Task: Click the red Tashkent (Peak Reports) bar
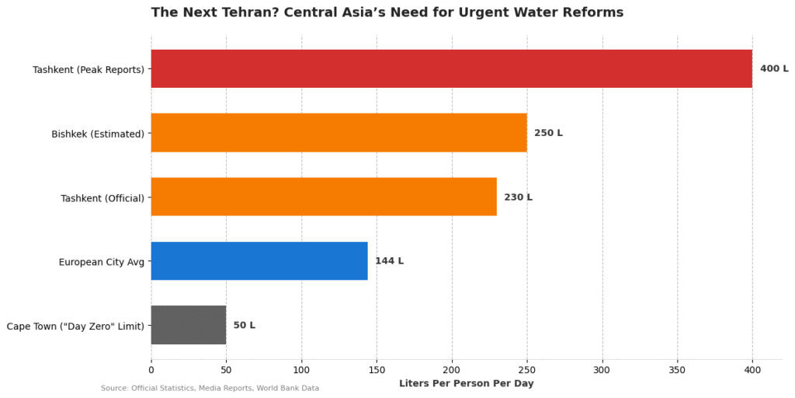(x=451, y=68)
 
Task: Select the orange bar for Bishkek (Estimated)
(x=338, y=133)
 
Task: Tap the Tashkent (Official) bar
(x=324, y=197)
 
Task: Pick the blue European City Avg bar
(x=259, y=260)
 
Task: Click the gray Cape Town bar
(x=189, y=325)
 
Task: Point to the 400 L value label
(x=774, y=68)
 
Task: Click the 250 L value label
(x=548, y=133)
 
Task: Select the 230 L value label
(x=518, y=197)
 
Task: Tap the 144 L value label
(x=389, y=261)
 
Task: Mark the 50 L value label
(x=244, y=325)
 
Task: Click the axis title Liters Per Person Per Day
(x=466, y=383)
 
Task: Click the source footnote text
(x=210, y=388)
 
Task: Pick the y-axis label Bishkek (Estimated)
(x=98, y=134)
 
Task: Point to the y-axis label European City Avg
(x=102, y=262)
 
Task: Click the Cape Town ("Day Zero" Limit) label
(x=75, y=326)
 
